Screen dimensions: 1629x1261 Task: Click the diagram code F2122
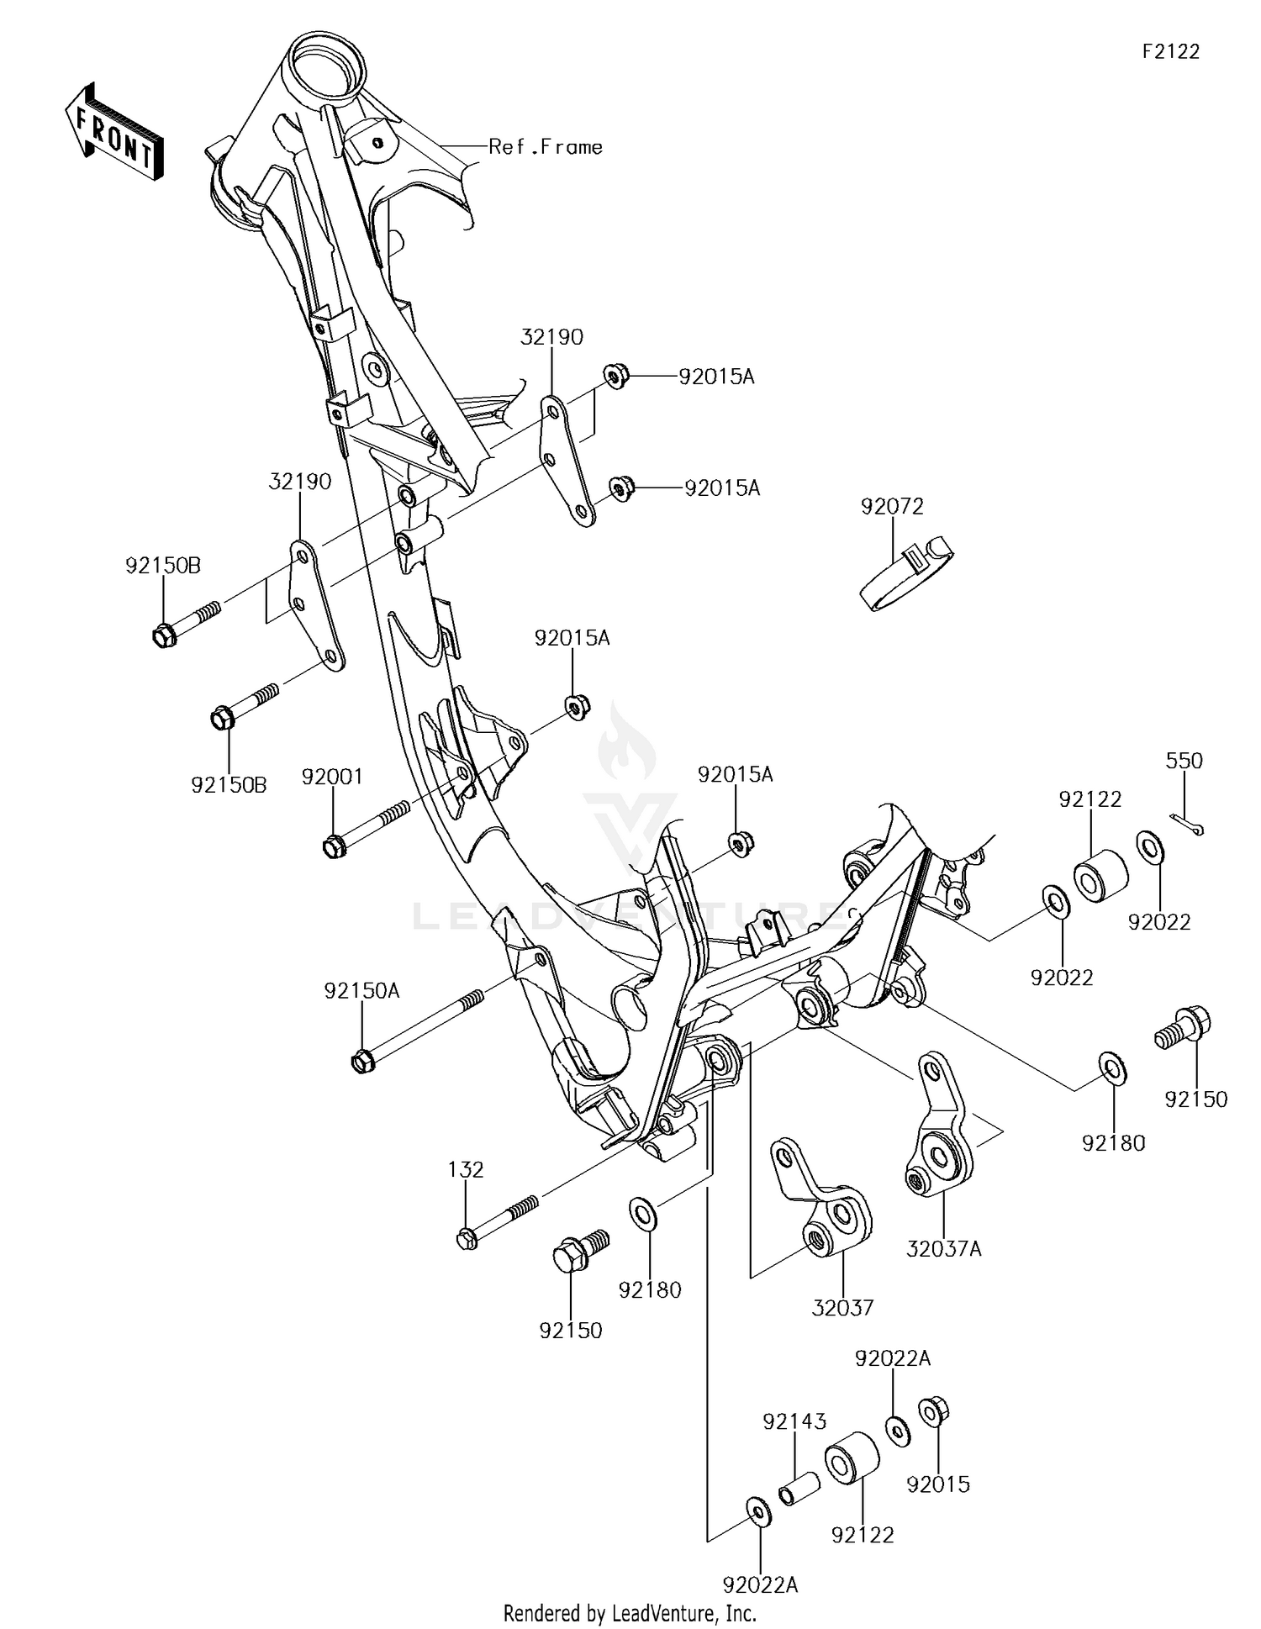(x=1170, y=51)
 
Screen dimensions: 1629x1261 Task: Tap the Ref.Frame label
(x=546, y=147)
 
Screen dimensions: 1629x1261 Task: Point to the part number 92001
(x=332, y=777)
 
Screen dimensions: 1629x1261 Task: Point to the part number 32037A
(x=943, y=1249)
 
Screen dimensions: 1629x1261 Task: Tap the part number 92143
(x=794, y=1421)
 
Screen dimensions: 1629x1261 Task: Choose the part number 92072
(x=892, y=506)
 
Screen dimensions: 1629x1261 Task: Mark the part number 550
(x=1184, y=760)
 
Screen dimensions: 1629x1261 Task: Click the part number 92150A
(x=361, y=991)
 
